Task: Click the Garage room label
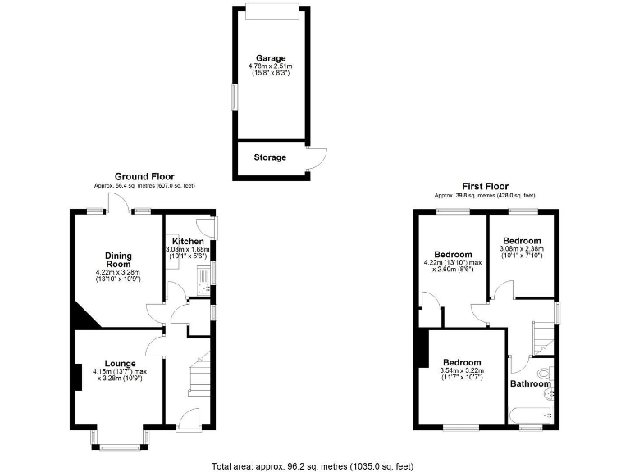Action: click(270, 58)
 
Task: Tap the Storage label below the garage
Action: click(270, 157)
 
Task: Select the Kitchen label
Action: click(188, 241)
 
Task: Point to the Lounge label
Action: click(121, 363)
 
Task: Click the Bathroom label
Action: click(530, 383)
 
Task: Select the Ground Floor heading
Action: click(144, 176)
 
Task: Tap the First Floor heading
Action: click(484, 186)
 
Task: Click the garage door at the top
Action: click(272, 9)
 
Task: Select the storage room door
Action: click(315, 159)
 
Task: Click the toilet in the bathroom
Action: click(550, 376)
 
